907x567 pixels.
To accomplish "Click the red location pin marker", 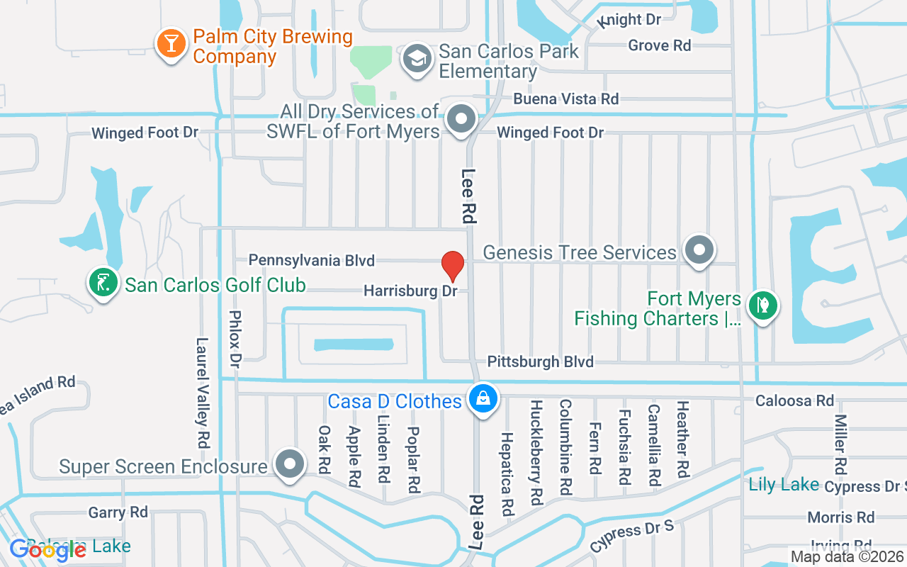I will point(453,266).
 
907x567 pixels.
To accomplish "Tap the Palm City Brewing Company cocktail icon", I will point(170,43).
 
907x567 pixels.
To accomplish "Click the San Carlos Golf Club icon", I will point(103,283).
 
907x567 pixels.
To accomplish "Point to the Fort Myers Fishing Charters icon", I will point(763,306).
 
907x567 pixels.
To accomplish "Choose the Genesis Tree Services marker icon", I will point(700,249).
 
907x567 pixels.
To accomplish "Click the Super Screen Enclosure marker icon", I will point(289,465).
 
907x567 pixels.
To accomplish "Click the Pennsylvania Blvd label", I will point(311,261).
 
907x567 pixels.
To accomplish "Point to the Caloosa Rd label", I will point(794,400).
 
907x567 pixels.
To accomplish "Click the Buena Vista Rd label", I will point(565,99).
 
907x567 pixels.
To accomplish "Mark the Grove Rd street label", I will point(659,46).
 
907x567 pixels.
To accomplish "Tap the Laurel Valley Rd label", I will point(203,392).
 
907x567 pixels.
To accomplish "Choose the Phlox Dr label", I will point(236,338).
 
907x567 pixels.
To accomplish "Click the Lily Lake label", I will point(784,485).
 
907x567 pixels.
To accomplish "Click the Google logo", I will point(48,550).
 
